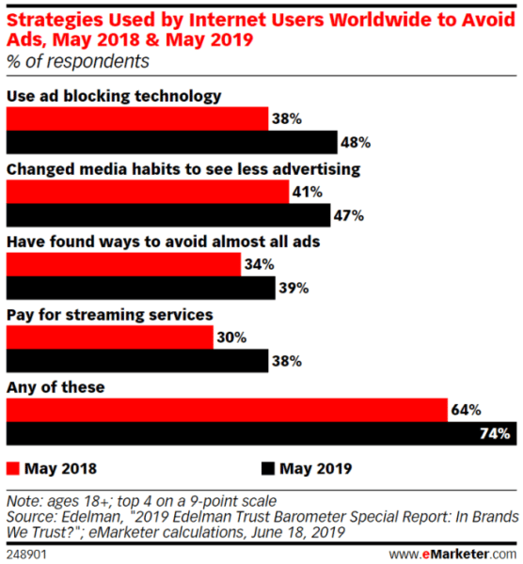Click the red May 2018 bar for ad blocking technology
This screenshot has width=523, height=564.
[x=136, y=118]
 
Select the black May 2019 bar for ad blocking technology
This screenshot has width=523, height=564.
[x=171, y=143]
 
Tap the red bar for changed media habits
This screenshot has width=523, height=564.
[x=147, y=192]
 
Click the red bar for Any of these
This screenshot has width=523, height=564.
[x=227, y=410]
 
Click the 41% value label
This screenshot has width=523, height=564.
[x=308, y=192]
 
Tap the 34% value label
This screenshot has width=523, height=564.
[x=258, y=265]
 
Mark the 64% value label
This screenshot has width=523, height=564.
[x=466, y=411]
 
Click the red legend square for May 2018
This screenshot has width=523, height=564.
[x=13, y=467]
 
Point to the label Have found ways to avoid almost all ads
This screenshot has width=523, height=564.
[x=164, y=242]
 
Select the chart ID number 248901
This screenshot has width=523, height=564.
[x=26, y=553]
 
